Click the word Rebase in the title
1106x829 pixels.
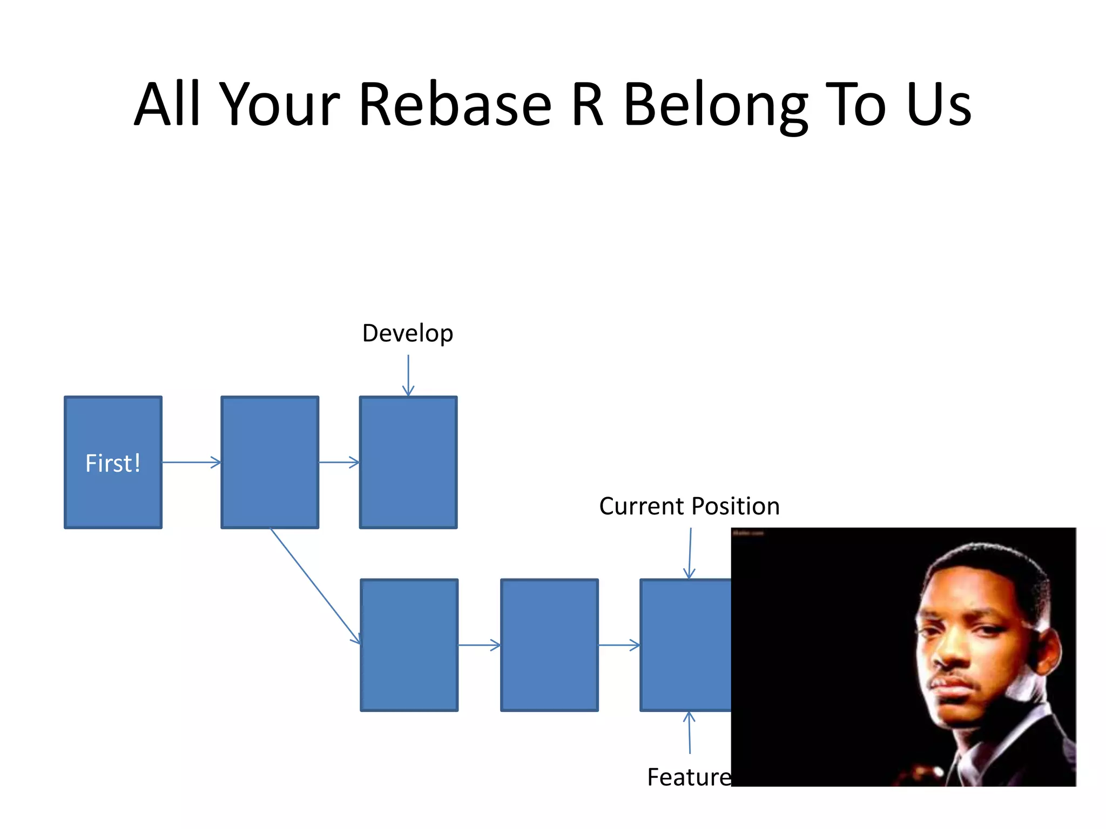click(455, 105)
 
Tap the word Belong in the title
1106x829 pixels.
click(716, 105)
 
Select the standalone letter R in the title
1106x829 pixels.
click(587, 105)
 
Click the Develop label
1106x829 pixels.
click(408, 333)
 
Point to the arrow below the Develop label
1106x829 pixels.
click(408, 375)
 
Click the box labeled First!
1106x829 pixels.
click(113, 463)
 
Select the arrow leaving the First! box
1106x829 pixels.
click(191, 463)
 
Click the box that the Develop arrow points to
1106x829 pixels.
click(408, 463)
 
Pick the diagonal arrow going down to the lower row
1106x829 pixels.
click(315, 586)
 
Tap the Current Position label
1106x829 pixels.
click(689, 506)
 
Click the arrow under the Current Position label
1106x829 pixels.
click(690, 553)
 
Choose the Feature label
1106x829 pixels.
click(689, 777)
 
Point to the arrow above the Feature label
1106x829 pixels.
click(689, 732)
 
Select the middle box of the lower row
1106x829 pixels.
click(549, 645)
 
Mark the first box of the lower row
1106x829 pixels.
click(409, 645)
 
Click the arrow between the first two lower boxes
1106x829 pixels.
click(479, 645)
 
